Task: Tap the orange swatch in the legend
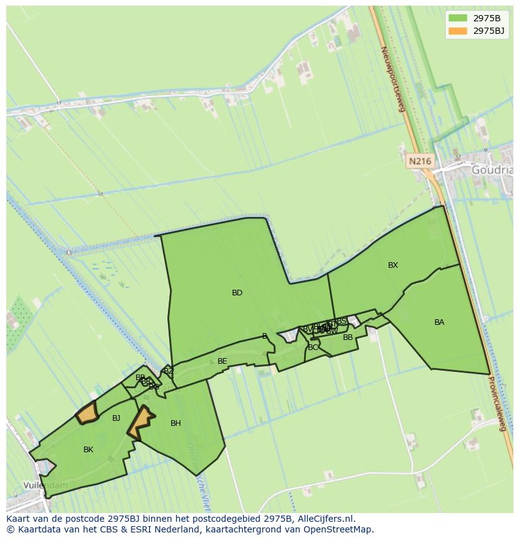coord(458,30)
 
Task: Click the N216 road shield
coord(419,161)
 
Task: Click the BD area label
coord(237,293)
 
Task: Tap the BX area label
coord(393,265)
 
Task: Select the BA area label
coord(439,322)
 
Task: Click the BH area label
coord(176,423)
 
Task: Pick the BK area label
coord(88,450)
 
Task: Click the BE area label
coord(222,361)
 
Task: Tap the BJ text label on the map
coord(116,418)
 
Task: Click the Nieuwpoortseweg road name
coord(394,78)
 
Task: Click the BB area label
coord(348,337)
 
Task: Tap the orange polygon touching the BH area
coord(142,421)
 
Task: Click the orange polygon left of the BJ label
coord(87,413)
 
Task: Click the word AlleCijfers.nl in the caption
coord(326,519)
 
